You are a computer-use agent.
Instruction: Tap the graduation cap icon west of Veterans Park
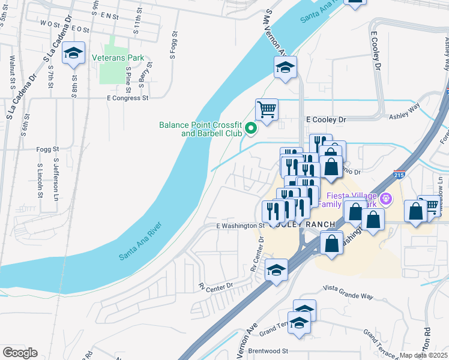pyautogui.click(x=73, y=54)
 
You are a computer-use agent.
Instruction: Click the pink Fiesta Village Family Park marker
pyautogui.click(x=385, y=197)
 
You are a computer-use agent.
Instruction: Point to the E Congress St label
pyautogui.click(x=127, y=97)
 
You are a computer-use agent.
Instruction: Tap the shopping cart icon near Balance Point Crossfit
pyautogui.click(x=267, y=110)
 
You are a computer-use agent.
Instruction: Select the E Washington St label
pyautogui.click(x=241, y=226)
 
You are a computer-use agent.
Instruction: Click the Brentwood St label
pyautogui.click(x=269, y=350)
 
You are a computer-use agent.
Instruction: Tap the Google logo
pyautogui.click(x=20, y=353)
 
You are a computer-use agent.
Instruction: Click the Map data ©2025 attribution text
pyautogui.click(x=424, y=355)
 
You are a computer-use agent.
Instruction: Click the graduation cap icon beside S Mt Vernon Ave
pyautogui.click(x=286, y=68)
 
